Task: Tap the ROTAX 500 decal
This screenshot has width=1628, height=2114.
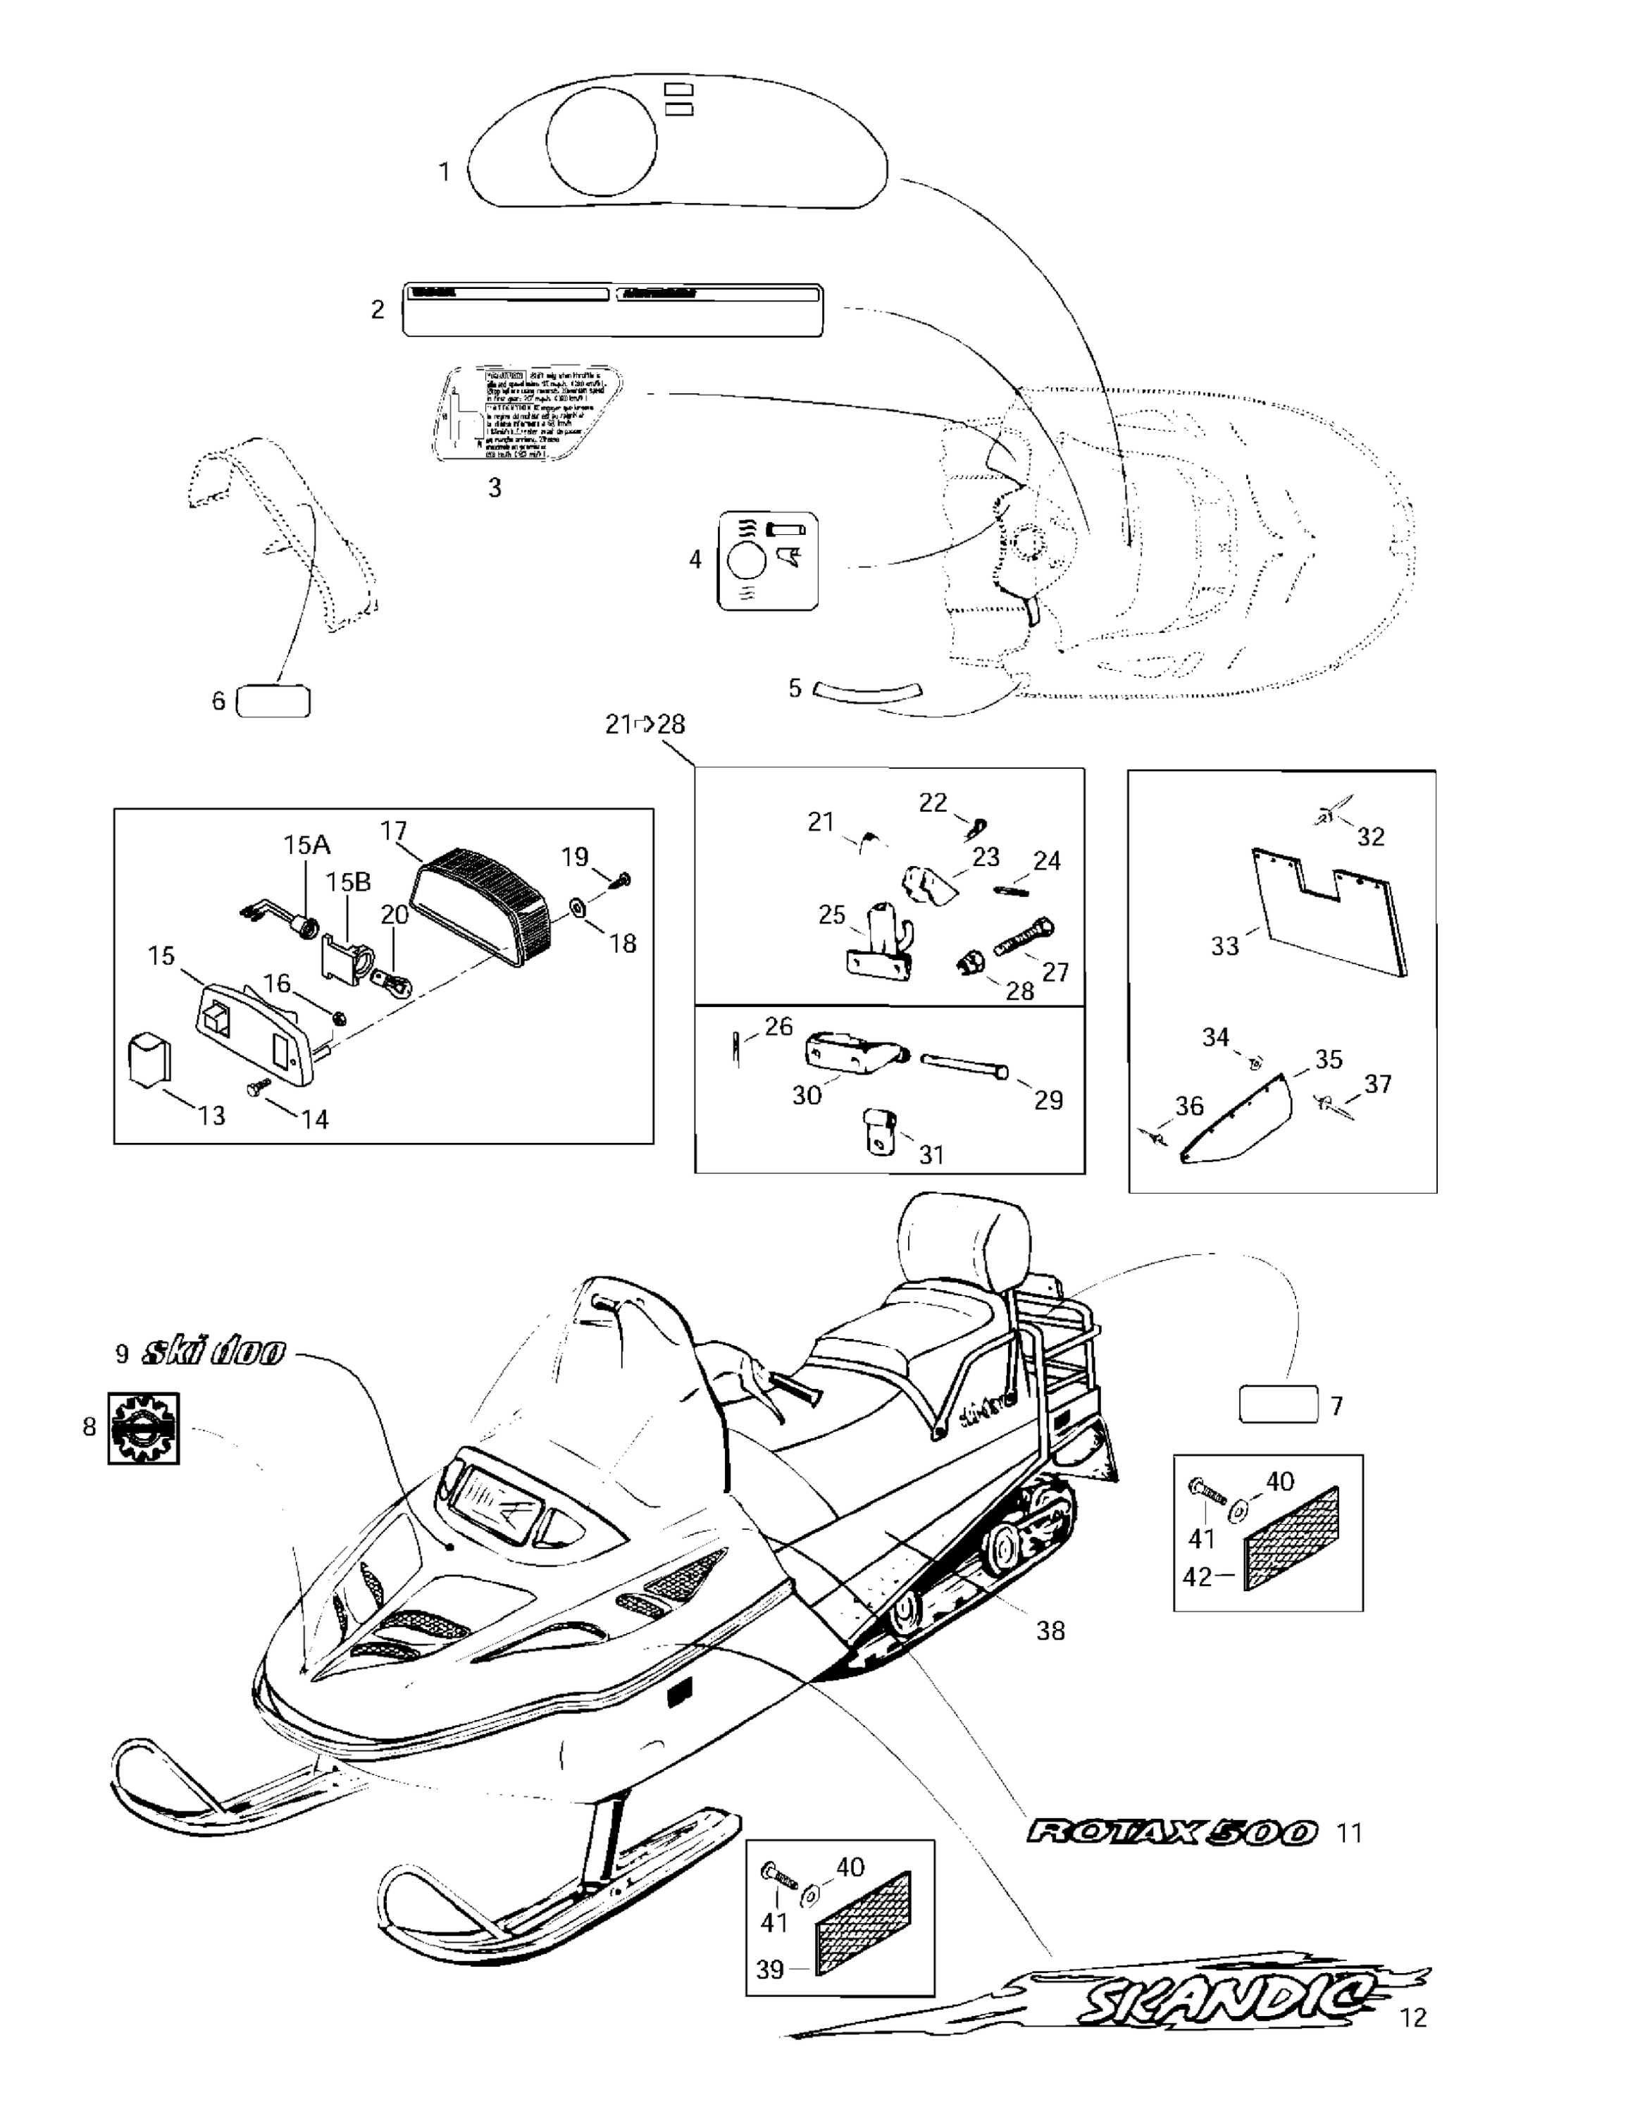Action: point(1171,1832)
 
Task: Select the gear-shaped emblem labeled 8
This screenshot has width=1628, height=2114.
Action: point(143,1428)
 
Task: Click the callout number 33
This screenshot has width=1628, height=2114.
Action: point(1224,946)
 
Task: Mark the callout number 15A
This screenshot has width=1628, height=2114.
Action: point(306,845)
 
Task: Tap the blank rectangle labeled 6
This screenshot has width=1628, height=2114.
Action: point(273,701)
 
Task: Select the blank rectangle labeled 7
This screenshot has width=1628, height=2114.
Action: point(1279,1404)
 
